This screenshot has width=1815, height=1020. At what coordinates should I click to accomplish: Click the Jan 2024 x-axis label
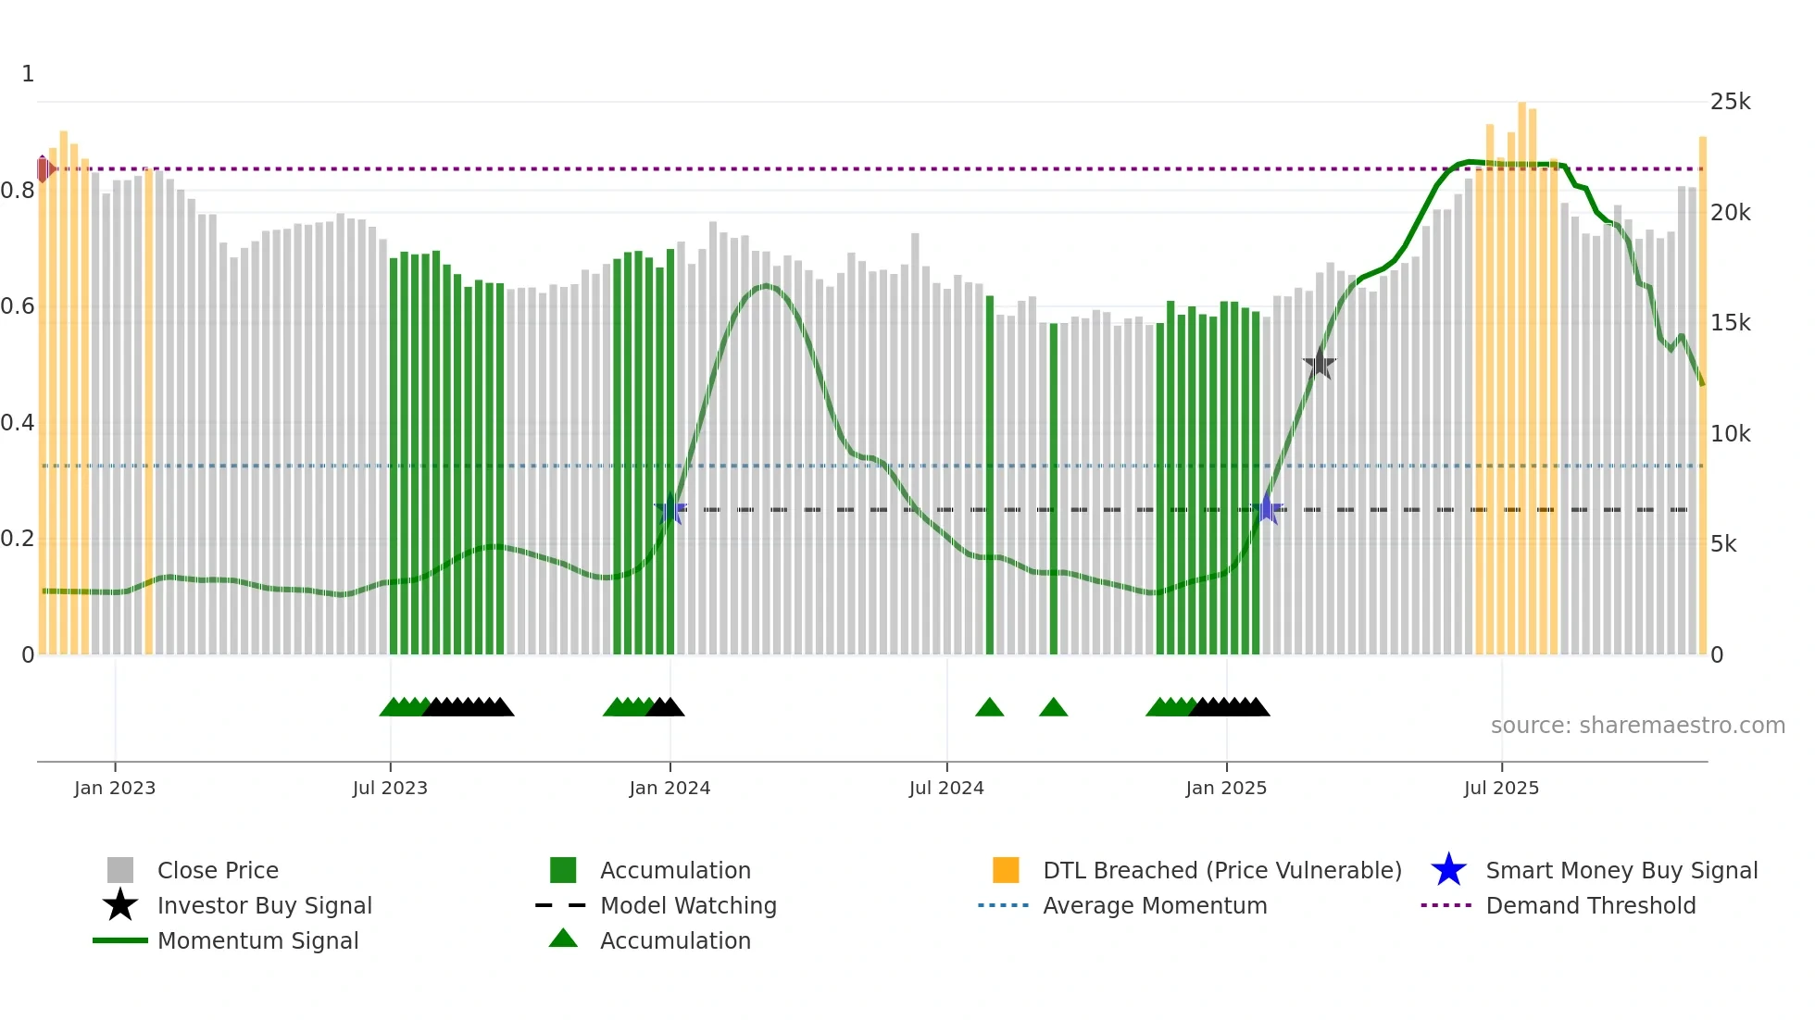pos(670,789)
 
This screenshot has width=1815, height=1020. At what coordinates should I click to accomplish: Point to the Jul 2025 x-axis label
pos(1501,789)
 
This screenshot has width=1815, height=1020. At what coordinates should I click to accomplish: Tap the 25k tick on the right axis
pos(1730,102)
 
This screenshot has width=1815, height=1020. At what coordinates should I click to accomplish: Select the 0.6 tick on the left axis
pos(19,306)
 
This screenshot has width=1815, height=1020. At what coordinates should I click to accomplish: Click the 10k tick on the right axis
pos(1730,434)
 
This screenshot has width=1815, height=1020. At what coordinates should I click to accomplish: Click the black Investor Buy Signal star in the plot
pos(1320,364)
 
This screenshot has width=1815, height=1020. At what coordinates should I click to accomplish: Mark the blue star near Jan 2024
pos(670,509)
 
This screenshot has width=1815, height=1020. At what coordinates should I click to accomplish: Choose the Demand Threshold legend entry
pos(1590,906)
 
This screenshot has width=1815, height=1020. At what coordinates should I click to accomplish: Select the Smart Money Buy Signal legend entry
pos(1621,871)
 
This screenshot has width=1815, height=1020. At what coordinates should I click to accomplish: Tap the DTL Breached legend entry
pos(1221,871)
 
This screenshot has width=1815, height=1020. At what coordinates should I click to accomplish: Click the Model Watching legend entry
pos(687,906)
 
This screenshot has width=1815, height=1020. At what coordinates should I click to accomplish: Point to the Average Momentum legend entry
pos(1154,906)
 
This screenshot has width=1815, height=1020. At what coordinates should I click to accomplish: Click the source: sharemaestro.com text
pos(1637,726)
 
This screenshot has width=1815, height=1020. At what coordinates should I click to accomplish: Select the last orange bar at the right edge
pos(1702,398)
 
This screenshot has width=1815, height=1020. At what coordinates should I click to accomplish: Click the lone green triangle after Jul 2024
pos(989,708)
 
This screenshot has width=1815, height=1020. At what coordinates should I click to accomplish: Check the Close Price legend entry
pos(217,871)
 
